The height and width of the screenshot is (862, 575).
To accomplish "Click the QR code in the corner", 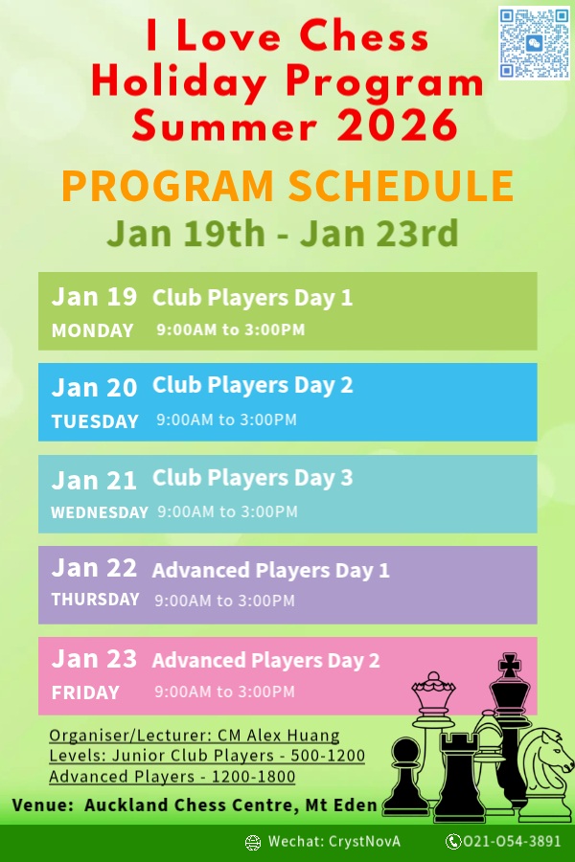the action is click(534, 43).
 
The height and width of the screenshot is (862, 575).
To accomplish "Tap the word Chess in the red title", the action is click(364, 36).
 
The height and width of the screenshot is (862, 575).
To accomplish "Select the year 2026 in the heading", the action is click(397, 125).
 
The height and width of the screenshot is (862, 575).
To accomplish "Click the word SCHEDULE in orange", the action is click(401, 186).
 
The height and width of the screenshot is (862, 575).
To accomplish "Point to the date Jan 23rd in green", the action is click(379, 233).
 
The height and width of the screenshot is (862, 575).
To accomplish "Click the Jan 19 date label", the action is click(94, 297).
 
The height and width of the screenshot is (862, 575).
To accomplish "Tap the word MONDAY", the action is click(92, 330).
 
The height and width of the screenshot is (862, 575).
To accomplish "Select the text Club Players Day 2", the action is click(253, 385).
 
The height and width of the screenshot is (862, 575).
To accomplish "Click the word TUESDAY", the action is click(95, 421).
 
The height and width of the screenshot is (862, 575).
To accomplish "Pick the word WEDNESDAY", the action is click(100, 512).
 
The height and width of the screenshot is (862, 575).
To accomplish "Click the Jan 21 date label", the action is click(94, 481).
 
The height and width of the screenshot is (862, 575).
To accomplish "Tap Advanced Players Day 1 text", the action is click(270, 570).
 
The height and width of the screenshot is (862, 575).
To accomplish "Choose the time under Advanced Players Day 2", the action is click(224, 691).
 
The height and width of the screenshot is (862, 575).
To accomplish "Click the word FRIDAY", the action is click(85, 692).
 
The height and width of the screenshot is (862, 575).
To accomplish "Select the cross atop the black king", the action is click(510, 666).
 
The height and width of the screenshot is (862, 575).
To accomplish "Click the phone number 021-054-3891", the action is click(512, 841).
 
